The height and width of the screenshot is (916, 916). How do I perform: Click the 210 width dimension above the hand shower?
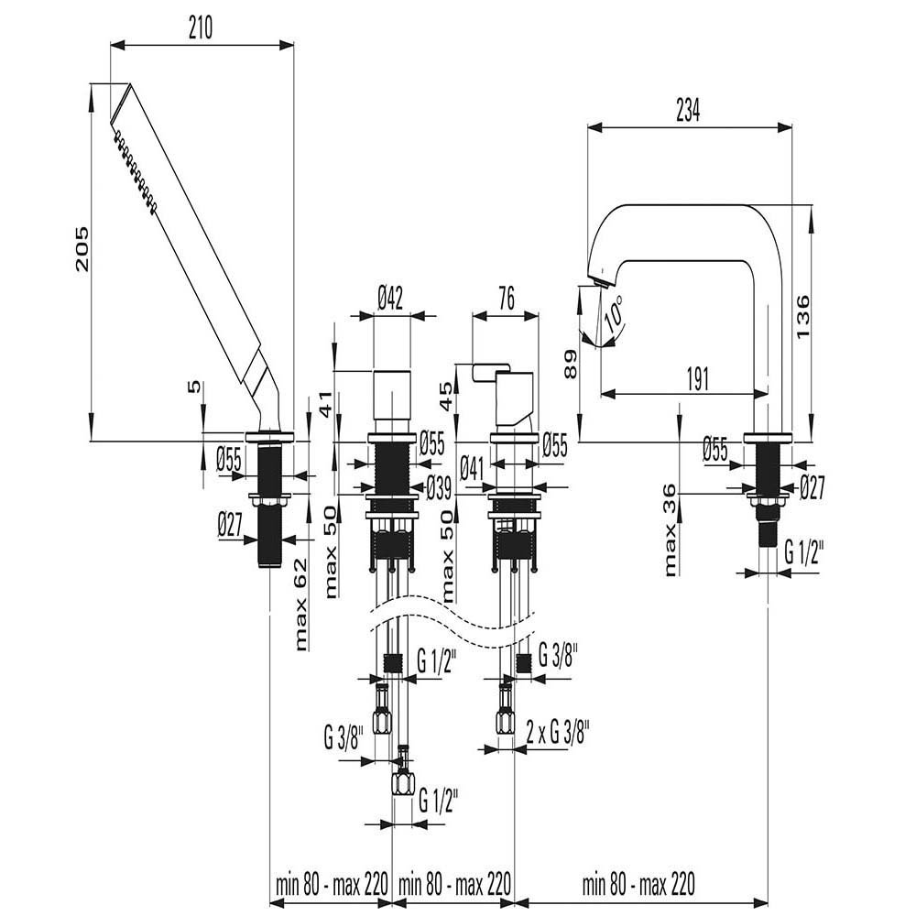(x=201, y=28)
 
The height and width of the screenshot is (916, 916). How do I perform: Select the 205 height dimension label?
(x=83, y=248)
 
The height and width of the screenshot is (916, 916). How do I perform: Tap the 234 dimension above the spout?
(x=688, y=111)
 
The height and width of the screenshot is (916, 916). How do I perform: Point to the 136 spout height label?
(x=802, y=316)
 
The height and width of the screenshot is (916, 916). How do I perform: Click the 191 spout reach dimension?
(x=697, y=379)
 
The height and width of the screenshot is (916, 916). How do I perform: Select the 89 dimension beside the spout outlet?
(x=570, y=364)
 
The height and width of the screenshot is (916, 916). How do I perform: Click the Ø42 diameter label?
(x=390, y=300)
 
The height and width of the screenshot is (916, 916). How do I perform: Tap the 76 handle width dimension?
(x=506, y=300)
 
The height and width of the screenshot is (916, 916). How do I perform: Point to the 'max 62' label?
(x=300, y=605)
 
